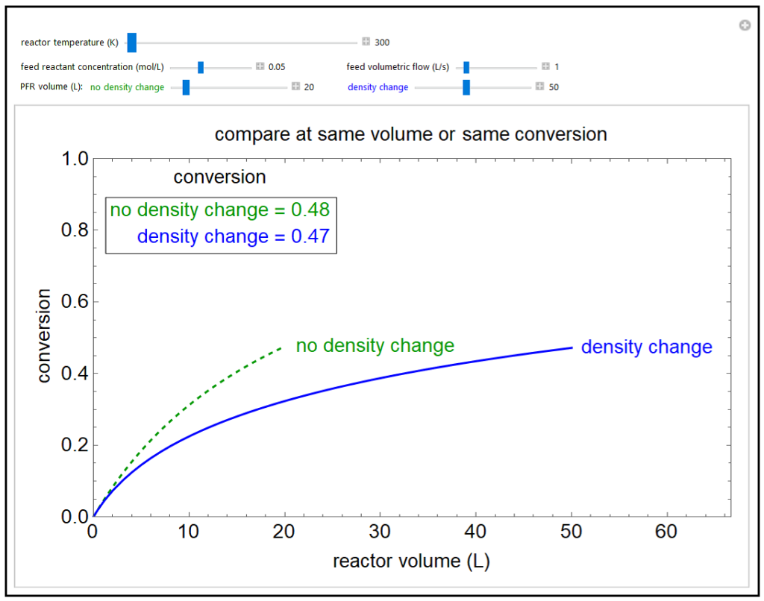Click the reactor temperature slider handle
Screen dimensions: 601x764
132,43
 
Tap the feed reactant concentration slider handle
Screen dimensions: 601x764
201,67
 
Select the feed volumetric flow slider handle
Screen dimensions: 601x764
466,67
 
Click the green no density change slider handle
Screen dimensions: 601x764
186,87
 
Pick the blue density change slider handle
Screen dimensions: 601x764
466,87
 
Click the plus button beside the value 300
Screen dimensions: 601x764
366,43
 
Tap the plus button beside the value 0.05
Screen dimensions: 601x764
260,67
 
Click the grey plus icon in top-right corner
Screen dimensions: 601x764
744,26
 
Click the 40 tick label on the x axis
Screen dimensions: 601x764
475,532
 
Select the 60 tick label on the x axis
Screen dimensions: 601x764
666,532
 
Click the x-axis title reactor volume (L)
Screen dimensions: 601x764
411,561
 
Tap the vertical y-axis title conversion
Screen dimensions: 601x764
44,337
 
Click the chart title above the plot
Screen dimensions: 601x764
410,134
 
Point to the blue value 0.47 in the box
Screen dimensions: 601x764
313,237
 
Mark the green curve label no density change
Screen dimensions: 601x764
375,346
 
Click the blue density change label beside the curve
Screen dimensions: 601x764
646,347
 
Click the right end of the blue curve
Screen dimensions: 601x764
571,347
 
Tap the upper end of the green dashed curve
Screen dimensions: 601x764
281,347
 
